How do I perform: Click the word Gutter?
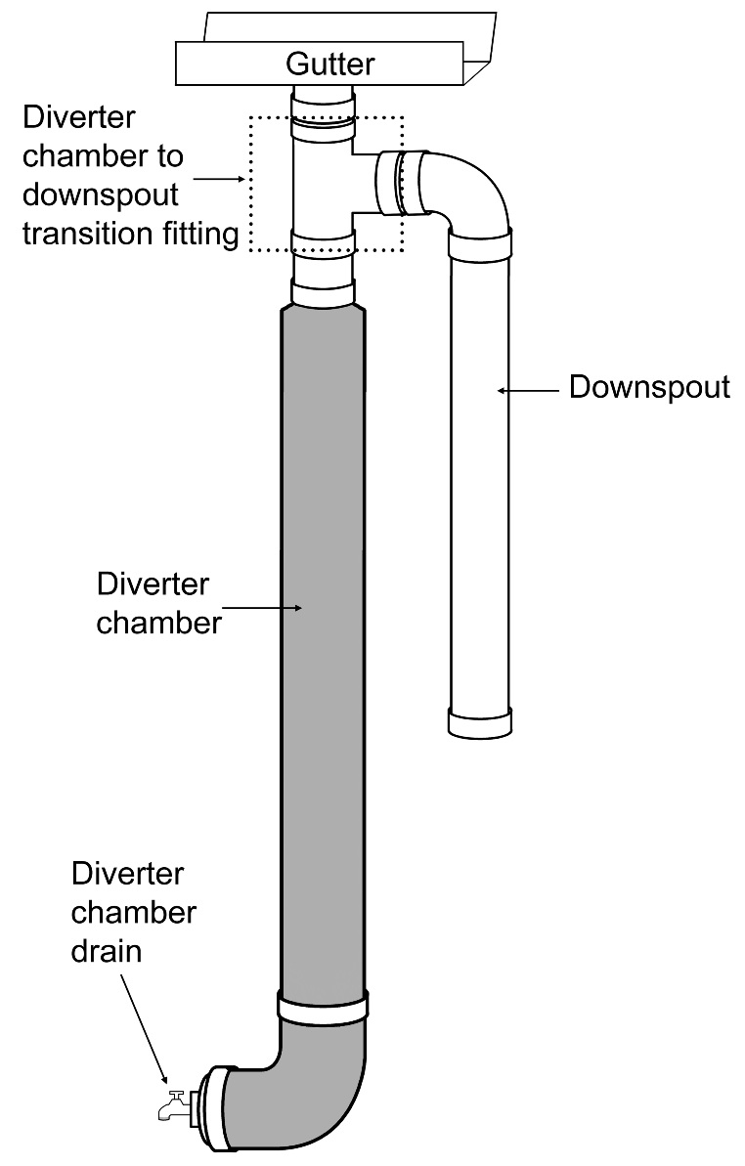329,64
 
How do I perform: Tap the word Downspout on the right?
650,388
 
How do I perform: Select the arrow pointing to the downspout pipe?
528,390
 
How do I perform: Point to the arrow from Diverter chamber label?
262,608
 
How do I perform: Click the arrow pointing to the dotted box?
219,179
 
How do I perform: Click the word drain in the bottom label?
107,951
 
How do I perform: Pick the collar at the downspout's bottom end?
480,723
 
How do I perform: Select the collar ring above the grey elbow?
323,1006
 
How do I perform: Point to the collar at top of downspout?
480,245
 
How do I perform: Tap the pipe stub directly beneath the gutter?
323,98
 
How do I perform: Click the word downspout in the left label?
101,195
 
